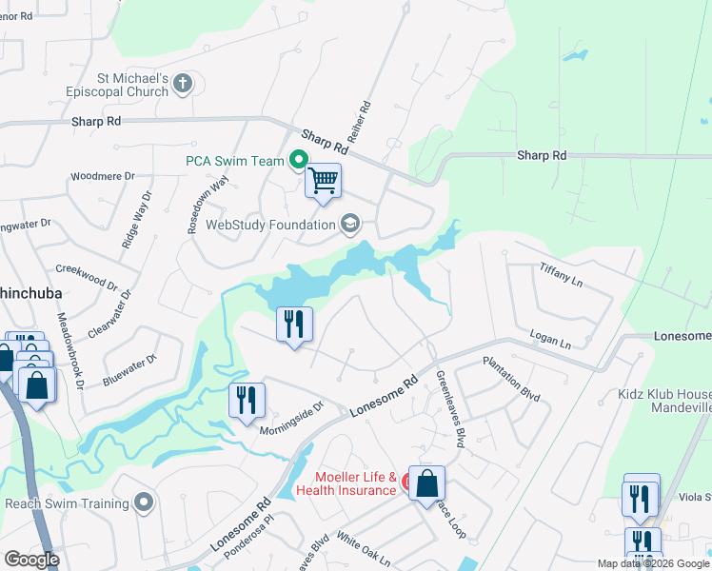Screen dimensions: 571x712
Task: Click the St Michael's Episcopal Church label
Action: click(118, 85)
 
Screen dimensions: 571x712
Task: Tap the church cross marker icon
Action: click(183, 85)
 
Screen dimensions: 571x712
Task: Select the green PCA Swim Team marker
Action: click(299, 161)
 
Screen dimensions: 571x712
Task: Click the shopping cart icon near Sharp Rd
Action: click(324, 179)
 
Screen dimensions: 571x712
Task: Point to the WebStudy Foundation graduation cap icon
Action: click(350, 225)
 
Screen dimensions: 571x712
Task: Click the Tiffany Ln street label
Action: click(560, 276)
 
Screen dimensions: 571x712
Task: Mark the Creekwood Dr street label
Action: click(87, 277)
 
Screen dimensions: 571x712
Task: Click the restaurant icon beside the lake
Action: click(294, 324)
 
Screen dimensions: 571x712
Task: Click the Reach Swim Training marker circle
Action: click(144, 502)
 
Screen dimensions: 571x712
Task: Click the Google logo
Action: click(31, 560)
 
